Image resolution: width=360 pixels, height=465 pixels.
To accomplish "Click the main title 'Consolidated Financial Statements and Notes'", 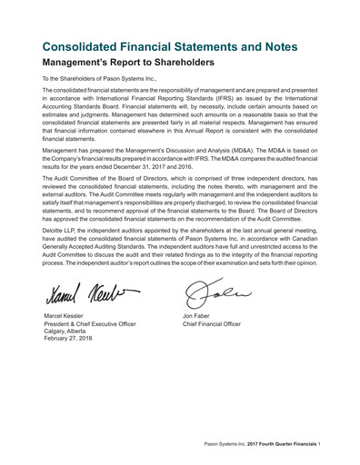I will point(179,46).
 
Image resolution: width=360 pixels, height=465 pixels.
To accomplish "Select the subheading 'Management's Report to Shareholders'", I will point(128,64).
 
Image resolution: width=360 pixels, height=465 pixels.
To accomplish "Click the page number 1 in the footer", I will point(335,445).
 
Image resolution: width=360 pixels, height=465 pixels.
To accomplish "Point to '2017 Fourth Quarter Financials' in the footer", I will point(290,445).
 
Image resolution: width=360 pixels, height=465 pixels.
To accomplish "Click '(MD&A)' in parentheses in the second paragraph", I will point(225,151).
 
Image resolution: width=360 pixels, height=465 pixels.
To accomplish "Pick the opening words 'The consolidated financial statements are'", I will point(100,94).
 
